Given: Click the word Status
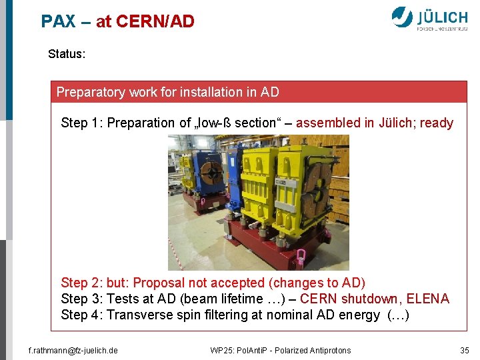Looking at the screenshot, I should point(66,54).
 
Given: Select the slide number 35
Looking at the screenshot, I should point(465,350).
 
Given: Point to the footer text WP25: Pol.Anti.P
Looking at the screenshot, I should point(280,350).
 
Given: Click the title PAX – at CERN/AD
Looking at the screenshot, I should point(117,21).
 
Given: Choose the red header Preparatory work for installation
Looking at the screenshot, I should point(167,92).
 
